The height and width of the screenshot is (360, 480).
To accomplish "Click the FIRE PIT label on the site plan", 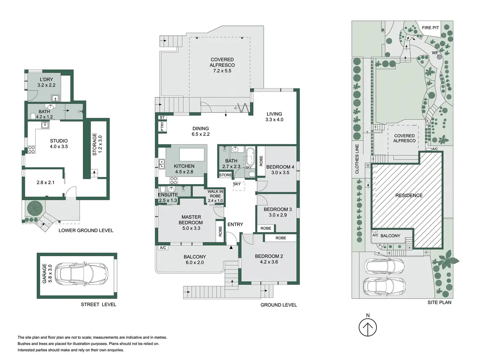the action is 430,28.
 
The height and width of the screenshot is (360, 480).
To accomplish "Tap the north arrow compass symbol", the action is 367,327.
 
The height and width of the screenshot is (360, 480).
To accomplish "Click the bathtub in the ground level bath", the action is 250,157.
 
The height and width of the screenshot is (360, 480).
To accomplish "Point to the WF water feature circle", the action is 439,57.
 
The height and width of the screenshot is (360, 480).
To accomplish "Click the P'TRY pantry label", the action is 162,126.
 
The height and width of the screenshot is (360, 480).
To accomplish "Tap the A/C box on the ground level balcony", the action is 163,247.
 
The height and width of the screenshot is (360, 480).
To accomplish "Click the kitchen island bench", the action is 192,154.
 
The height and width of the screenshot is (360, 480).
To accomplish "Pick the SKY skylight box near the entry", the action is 238,186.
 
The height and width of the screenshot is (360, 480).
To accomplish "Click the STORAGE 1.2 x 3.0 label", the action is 97,144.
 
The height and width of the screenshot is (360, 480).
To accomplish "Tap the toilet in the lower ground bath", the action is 33,116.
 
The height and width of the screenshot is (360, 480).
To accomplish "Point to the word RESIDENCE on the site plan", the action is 409,195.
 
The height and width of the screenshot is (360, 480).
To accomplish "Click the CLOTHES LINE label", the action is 357,159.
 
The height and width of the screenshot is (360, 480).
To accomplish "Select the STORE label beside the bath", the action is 225,175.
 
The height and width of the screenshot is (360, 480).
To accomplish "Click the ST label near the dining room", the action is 162,118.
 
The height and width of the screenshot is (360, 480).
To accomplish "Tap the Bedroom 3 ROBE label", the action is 266,228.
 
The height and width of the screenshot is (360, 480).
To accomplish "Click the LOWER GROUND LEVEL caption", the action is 86,230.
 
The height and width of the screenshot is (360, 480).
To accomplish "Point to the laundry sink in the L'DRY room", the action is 56,98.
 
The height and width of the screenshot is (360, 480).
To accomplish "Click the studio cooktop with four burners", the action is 31,150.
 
